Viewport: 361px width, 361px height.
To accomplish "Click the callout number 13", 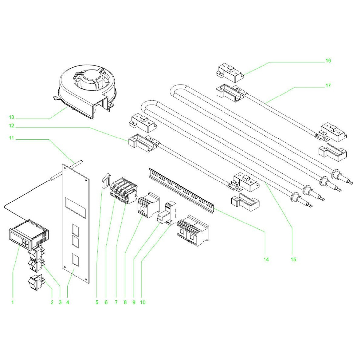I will coord(11,117).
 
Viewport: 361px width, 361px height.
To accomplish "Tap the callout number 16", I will coord(328,61).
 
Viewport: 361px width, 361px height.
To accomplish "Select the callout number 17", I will coord(328,86).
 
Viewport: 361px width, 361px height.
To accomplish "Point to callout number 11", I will coord(11,138).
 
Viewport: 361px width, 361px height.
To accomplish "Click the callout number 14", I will coord(266,259).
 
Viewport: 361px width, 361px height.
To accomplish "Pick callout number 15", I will coord(293,259).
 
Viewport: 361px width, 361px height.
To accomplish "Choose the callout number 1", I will coord(13,302).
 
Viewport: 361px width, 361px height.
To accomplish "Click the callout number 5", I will coord(97,302).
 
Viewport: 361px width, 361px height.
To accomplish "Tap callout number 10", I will coord(143,302).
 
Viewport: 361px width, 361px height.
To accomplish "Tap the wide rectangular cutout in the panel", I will coord(75,208).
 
